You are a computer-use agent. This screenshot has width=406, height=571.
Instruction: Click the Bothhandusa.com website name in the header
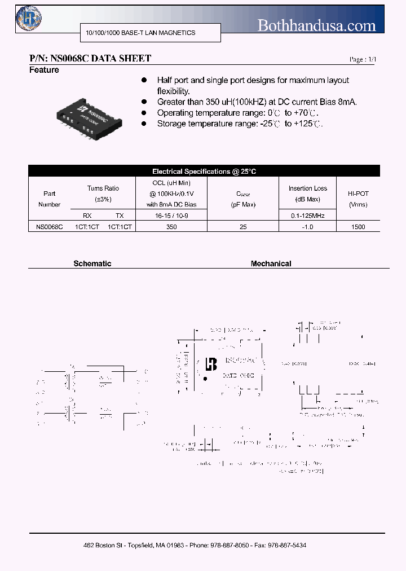(x=316, y=25)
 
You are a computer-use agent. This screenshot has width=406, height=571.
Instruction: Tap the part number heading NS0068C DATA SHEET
(x=90, y=59)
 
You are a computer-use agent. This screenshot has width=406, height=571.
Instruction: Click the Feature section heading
(x=44, y=70)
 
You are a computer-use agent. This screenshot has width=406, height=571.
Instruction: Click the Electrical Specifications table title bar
(x=204, y=171)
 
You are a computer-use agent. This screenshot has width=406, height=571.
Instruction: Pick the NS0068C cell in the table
(x=49, y=226)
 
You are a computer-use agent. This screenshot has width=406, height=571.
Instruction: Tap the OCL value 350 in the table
(x=172, y=226)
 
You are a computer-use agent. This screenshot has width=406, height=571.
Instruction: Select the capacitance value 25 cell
(x=244, y=226)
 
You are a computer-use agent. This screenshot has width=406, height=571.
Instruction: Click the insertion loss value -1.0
(x=307, y=226)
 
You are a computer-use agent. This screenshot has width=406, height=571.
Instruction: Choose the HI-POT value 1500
(x=358, y=226)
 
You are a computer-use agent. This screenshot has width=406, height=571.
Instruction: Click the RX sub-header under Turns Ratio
(x=87, y=216)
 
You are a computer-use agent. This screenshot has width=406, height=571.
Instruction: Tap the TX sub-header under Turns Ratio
(x=119, y=216)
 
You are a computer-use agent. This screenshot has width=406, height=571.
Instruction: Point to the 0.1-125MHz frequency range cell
(x=308, y=216)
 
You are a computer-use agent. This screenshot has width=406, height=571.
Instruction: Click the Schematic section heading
(x=92, y=263)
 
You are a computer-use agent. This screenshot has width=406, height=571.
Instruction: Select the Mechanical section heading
(x=271, y=263)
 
